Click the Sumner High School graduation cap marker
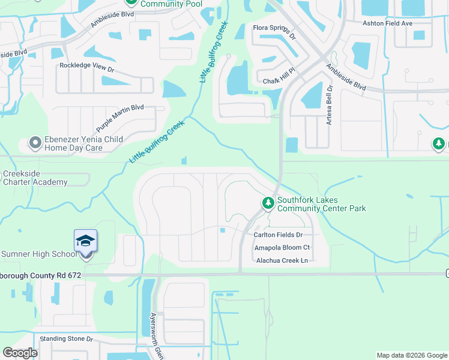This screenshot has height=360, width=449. [x=86, y=242]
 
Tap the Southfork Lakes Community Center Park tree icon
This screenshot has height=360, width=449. [x=268, y=204]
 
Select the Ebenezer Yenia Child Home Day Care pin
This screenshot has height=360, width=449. [x=35, y=143]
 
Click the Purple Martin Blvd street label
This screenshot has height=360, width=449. [x=120, y=118]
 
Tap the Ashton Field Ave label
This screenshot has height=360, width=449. [x=387, y=23]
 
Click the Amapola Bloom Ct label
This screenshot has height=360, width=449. [x=282, y=247]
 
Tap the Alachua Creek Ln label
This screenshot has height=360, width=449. [x=282, y=260]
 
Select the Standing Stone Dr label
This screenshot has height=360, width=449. [x=66, y=339]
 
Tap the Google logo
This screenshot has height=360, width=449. [x=20, y=353]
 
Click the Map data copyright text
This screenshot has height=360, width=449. [x=411, y=355]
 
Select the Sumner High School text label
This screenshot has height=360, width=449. [x=38, y=254]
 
